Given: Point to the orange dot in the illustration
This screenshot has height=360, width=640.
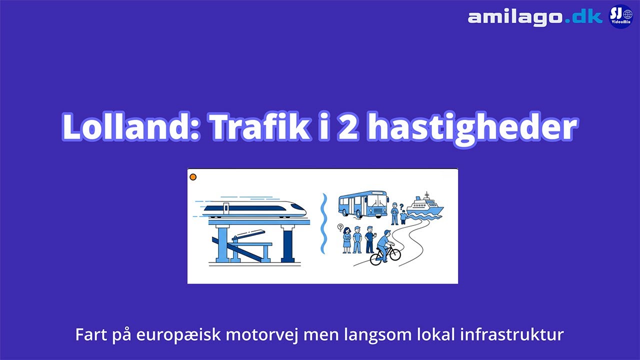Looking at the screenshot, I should pos(193,177).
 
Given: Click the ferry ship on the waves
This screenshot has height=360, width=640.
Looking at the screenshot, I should pos(424,206).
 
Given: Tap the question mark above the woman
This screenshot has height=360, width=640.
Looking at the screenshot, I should pos(340,227).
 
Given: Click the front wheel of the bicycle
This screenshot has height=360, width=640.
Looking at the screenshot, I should pos(393,254).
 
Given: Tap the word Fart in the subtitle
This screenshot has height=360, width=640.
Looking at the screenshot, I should pos(88,334).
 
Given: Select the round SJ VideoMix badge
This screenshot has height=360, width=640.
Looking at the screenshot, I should pos(620,16).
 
